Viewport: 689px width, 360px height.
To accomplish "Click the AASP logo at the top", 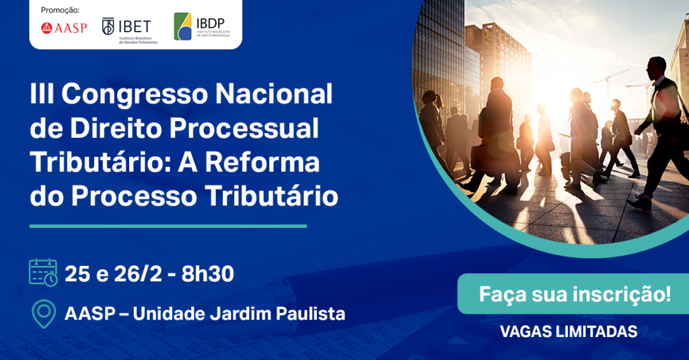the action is pyautogui.click(x=64, y=28).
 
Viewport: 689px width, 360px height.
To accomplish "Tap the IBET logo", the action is pyautogui.click(x=130, y=30).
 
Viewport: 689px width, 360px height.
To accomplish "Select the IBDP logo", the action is pyautogui.click(x=202, y=26).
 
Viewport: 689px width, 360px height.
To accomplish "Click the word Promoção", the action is pyautogui.click(x=60, y=10).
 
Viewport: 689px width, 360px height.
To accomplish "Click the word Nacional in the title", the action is pyautogui.click(x=274, y=94).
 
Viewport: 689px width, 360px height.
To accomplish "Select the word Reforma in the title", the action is pyautogui.click(x=262, y=162).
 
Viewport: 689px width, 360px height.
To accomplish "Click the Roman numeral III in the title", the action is pyautogui.click(x=42, y=94).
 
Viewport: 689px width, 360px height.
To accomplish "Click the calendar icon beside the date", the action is pyautogui.click(x=43, y=273).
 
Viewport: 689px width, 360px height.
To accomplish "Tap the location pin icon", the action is pyautogui.click(x=44, y=314).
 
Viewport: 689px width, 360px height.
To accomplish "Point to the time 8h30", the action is pyautogui.click(x=207, y=275).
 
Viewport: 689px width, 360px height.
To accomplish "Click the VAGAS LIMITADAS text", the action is pyautogui.click(x=569, y=332).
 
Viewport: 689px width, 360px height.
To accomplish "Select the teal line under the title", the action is pyautogui.click(x=168, y=226).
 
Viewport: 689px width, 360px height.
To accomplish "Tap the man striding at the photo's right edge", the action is pyautogui.click(x=658, y=132).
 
